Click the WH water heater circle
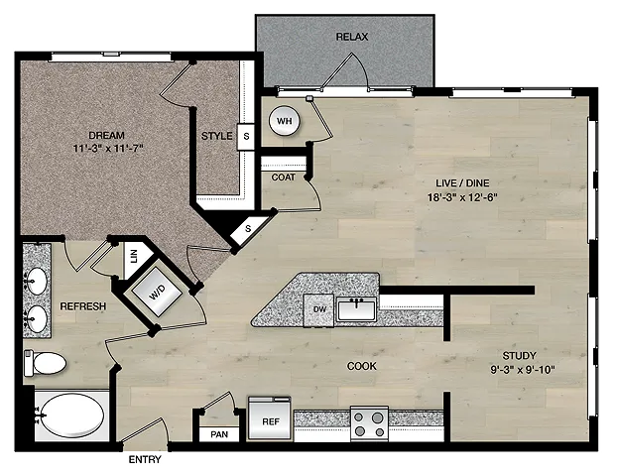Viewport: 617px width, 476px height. click(284, 121)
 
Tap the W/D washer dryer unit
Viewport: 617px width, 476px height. click(157, 292)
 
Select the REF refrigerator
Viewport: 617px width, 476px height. click(270, 418)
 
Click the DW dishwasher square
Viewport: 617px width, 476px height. click(319, 310)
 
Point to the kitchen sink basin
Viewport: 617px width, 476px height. click(356, 309)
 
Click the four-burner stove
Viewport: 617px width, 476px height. click(369, 423)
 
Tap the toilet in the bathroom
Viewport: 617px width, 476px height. click(45, 363)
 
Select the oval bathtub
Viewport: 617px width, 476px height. click(71, 416)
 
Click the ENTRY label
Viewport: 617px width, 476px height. click(145, 459)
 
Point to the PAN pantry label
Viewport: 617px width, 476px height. click(219, 434)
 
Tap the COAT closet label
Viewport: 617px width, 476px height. click(284, 178)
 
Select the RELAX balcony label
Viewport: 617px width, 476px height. click(352, 37)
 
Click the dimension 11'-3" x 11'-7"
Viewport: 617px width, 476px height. click(107, 149)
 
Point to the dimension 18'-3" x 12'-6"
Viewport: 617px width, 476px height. click(462, 196)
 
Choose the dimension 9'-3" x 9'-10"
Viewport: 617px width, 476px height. click(523, 369)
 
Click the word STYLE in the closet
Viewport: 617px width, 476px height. click(217, 136)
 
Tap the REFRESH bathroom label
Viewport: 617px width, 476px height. click(82, 306)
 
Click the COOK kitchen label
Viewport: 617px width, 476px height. click(362, 366)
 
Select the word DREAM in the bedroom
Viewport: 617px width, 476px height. click(107, 135)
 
